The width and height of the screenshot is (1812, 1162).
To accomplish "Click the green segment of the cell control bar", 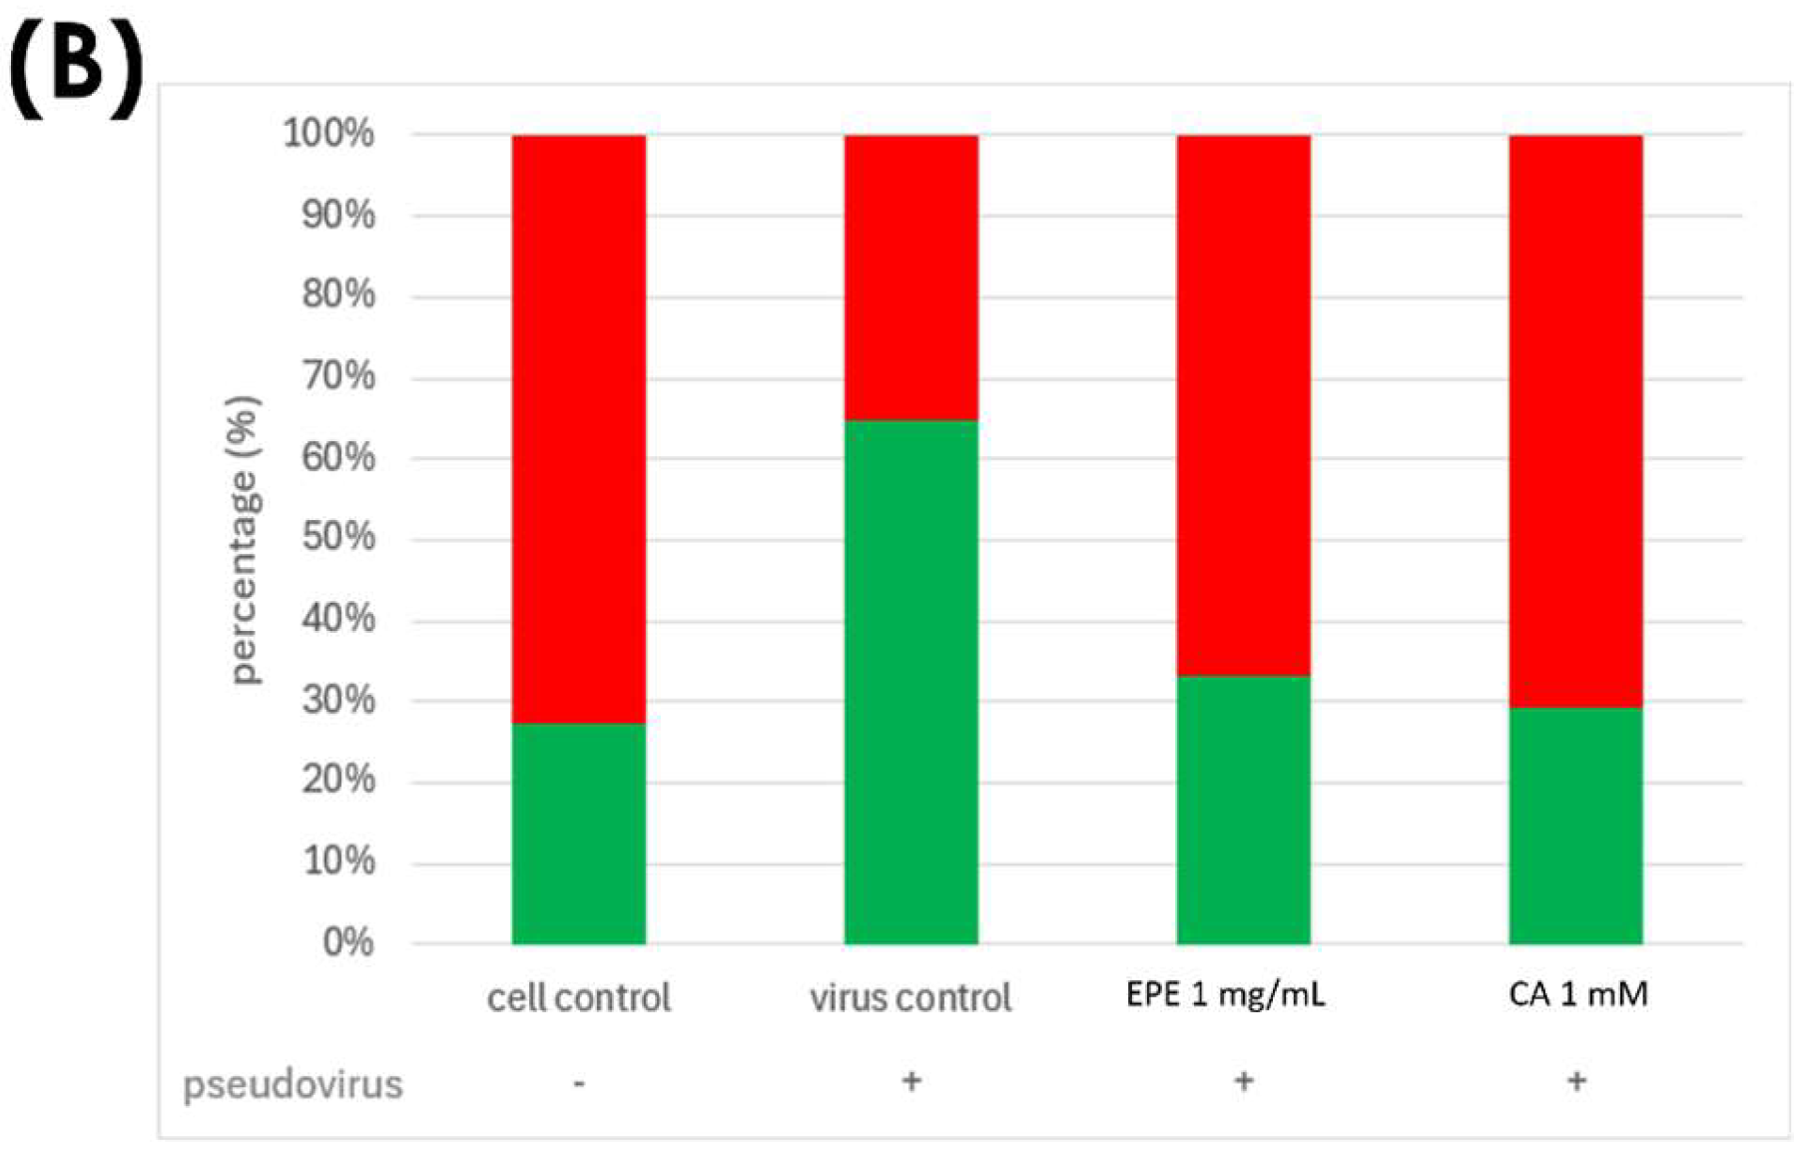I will [x=578, y=833].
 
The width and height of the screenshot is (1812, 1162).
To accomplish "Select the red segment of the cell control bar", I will [x=578, y=428].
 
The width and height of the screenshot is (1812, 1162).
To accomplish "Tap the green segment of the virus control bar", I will [x=910, y=682].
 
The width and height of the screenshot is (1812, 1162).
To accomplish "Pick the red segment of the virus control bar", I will [x=910, y=278].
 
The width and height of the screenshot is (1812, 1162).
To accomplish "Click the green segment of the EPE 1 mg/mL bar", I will [x=1243, y=810].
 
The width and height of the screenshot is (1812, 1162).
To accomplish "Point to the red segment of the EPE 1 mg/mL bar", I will [x=1243, y=405].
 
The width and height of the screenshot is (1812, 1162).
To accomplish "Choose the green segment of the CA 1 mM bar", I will [x=1575, y=826].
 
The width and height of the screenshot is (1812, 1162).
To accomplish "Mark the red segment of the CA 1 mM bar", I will [x=1575, y=421].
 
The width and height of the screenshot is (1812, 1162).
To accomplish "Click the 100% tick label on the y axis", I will [x=329, y=133].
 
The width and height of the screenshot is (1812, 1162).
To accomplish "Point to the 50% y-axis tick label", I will [x=338, y=538].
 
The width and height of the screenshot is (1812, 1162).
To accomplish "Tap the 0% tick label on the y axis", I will [x=347, y=941].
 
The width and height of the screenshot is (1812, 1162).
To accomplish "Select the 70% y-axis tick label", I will [x=338, y=376].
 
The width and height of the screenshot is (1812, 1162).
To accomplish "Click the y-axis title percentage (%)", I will [x=245, y=539].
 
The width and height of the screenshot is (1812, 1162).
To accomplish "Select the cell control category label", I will [x=578, y=997].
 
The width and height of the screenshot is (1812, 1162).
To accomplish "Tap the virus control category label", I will [x=910, y=997].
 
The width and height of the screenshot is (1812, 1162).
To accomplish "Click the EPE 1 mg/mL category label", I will [x=1226, y=994].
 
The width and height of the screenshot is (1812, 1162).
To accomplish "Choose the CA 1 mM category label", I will [x=1577, y=994].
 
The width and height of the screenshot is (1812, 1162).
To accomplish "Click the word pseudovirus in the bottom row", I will [x=293, y=1084].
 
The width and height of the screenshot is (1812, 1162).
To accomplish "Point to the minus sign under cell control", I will [x=579, y=1083].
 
